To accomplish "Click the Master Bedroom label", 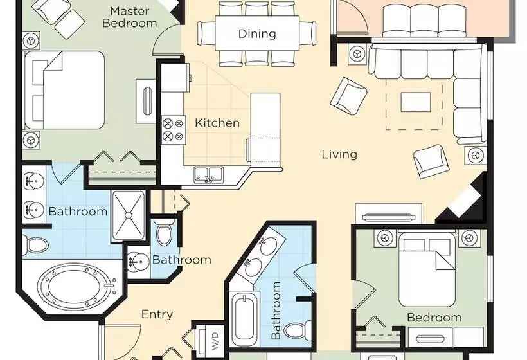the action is [130, 17].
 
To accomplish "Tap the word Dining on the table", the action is [257, 33].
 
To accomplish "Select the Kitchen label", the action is [217, 123].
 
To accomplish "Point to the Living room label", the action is [339, 154].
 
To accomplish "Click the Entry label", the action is [157, 314].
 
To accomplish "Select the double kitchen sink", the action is [208, 175].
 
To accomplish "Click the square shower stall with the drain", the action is [128, 215].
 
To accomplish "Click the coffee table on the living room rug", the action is [416, 102].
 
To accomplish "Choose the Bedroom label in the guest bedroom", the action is [434, 317].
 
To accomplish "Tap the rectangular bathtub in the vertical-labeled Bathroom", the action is [245, 317].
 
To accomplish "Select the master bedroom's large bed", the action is [65, 90].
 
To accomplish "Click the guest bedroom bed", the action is [427, 269].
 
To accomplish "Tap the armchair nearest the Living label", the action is [348, 94].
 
